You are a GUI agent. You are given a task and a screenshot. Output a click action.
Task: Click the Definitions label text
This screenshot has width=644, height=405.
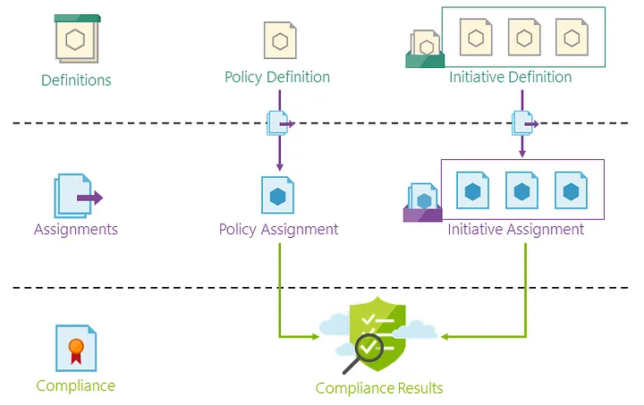coord(76,80)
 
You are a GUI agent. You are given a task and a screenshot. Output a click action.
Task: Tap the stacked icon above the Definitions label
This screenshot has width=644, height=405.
coord(77,38)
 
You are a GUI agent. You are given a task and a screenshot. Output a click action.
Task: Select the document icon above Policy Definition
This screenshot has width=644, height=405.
coord(280,40)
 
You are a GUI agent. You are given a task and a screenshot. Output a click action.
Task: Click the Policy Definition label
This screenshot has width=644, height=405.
coord(277,77)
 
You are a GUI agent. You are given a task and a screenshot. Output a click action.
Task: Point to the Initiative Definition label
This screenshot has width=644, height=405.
coord(510,77)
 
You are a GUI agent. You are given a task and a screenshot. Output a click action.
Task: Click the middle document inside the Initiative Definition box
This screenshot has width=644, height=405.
coord(524,37)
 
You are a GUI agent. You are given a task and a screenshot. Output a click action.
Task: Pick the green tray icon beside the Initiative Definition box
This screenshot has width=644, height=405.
coord(425,49)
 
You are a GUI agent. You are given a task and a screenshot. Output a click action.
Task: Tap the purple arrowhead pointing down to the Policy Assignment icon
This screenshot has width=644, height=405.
coord(280,167)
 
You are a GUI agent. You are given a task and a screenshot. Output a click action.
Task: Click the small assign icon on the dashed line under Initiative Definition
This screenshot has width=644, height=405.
coord(524,123)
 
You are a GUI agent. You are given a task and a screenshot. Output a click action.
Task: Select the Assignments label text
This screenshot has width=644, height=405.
coord(76,230)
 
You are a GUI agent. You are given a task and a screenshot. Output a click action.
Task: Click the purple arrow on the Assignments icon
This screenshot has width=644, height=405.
coord(90,198)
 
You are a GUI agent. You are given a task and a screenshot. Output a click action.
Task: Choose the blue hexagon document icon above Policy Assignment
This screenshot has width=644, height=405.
coord(277,195)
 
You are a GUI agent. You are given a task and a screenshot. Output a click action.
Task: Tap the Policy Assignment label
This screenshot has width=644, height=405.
coord(278,230)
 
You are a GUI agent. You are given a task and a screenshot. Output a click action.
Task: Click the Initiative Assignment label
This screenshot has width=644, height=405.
coord(515,230)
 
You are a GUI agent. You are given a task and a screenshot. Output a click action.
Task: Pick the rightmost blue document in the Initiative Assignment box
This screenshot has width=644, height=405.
coord(571,190)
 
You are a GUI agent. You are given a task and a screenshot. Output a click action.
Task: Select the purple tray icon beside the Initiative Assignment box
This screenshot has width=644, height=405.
coord(422,203)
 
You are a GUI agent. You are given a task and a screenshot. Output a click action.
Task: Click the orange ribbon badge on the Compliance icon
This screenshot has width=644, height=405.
coord(76,350)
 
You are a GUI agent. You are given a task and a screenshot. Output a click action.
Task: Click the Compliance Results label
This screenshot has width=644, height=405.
coord(379,388)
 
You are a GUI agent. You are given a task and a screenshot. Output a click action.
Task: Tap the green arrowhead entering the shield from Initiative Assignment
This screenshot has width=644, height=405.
coord(445,337)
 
